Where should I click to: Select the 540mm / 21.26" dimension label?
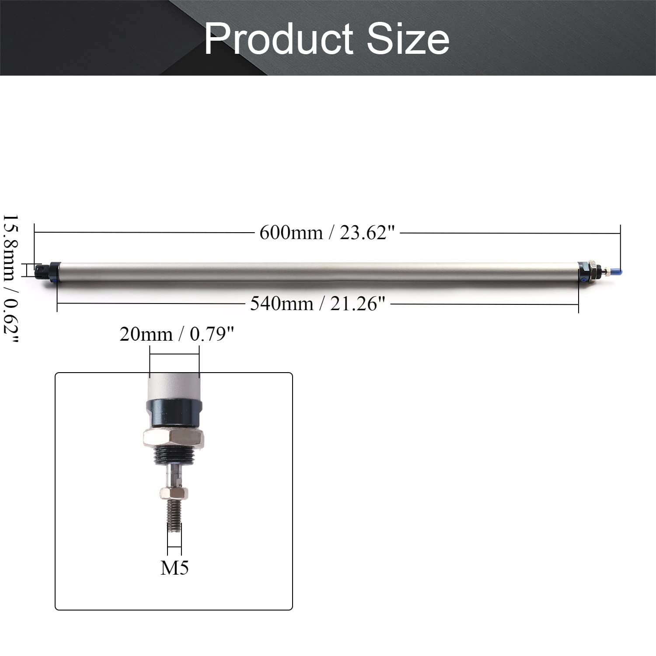(x=318, y=304)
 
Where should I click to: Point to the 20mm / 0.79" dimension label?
(x=177, y=335)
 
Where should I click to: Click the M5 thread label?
(x=174, y=568)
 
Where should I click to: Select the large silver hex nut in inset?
(x=174, y=439)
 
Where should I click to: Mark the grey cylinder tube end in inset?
(x=174, y=385)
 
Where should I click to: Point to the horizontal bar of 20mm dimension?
(x=174, y=355)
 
